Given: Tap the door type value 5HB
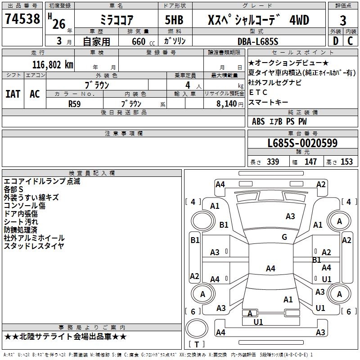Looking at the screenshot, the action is [174, 20].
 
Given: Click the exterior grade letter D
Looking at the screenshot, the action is [335, 41].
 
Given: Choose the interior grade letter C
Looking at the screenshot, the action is [350, 41].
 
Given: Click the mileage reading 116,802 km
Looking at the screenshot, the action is [53, 64].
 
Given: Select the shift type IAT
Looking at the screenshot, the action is [13, 94].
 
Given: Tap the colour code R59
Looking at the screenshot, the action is [75, 103].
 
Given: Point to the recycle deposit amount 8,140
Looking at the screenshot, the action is [226, 103].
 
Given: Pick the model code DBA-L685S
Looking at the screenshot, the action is [257, 41].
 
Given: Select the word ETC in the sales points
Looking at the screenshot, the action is [258, 92].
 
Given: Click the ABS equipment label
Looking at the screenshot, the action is [258, 121].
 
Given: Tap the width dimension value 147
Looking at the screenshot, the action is [310, 162].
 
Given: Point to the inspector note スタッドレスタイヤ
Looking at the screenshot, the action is [34, 246].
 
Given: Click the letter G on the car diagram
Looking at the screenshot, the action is [284, 237].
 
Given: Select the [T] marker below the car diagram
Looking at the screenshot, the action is [196, 344].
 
